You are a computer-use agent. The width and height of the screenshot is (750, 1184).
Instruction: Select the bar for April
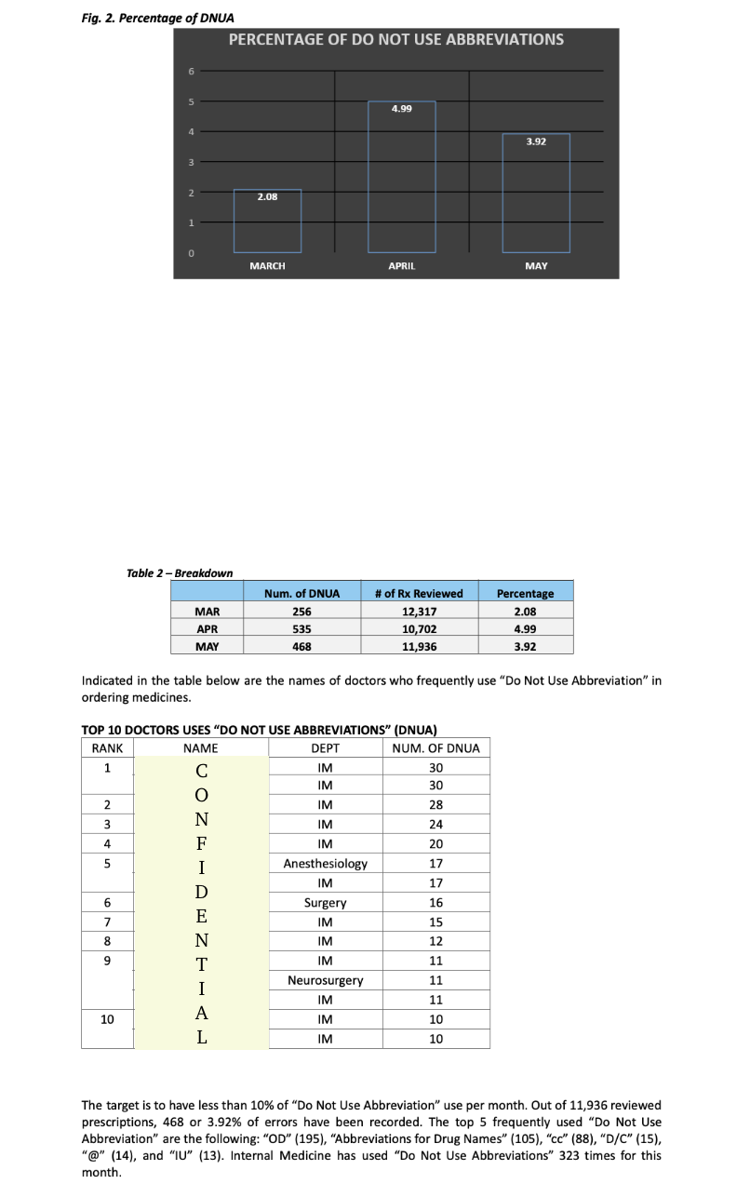click(x=401, y=177)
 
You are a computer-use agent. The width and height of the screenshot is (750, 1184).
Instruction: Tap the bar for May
click(x=536, y=193)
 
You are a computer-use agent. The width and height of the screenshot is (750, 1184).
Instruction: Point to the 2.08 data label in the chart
click(x=267, y=196)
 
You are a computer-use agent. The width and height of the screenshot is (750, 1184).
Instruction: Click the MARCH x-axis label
click(x=267, y=266)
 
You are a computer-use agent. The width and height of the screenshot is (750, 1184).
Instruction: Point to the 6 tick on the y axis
click(x=191, y=71)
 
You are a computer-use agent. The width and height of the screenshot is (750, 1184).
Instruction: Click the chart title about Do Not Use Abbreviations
click(x=395, y=39)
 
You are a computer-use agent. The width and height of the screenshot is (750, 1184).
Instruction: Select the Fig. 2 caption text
click(x=158, y=18)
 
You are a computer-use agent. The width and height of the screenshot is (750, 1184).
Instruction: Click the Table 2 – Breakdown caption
click(x=180, y=572)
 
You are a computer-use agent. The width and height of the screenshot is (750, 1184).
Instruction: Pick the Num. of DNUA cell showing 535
click(x=301, y=628)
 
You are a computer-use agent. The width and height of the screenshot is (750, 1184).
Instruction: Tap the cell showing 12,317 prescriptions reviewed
click(x=419, y=612)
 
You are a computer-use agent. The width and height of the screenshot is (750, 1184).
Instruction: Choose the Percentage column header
click(x=525, y=594)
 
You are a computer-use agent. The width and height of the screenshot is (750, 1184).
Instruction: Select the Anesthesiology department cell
click(x=325, y=864)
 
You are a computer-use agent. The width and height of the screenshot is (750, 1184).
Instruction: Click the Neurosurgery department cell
click(x=325, y=980)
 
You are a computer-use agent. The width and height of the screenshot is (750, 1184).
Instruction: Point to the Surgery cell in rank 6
click(x=325, y=903)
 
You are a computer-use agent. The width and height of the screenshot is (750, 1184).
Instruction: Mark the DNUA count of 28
click(x=435, y=805)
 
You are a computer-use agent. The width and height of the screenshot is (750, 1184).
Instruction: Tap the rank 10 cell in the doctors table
click(x=107, y=1019)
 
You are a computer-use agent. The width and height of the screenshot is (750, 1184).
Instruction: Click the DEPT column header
click(x=325, y=748)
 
